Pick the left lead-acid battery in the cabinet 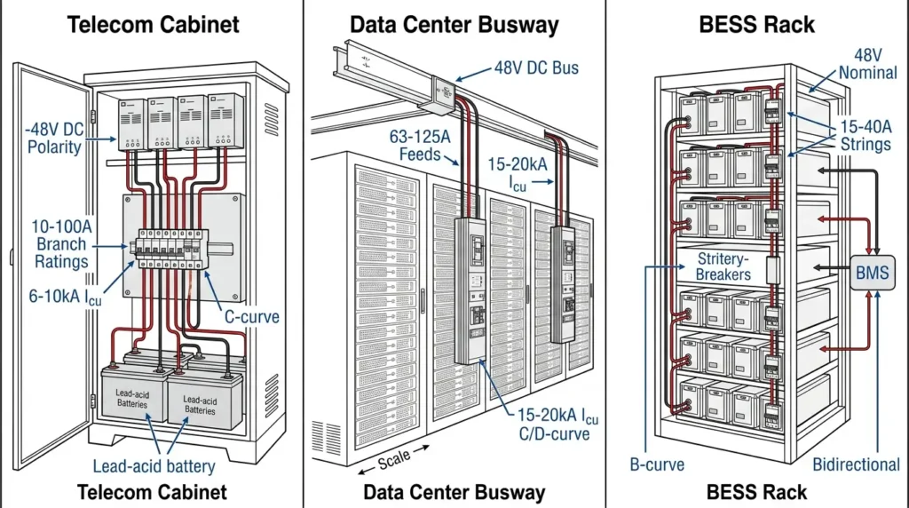click(133, 399)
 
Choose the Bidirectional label click(856, 464)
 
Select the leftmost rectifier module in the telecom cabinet click(132, 120)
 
